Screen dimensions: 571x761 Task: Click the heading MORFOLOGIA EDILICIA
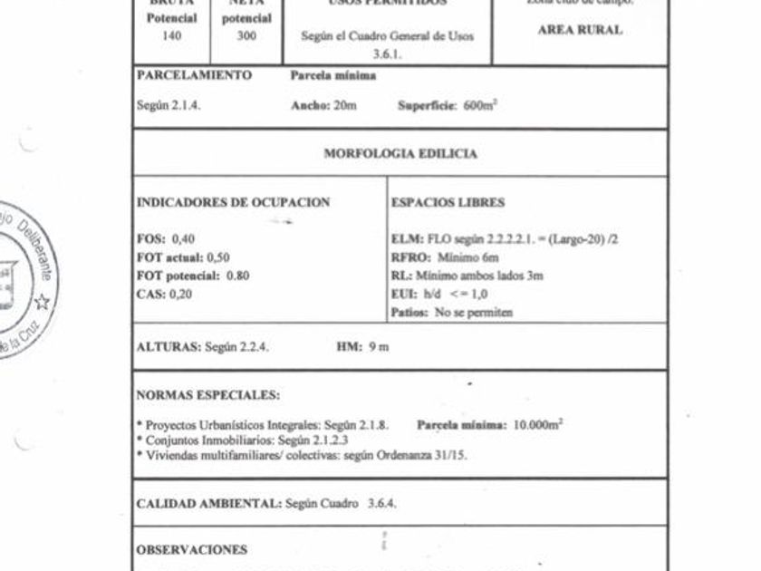(x=400, y=154)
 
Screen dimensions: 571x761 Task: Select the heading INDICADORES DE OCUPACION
(x=233, y=203)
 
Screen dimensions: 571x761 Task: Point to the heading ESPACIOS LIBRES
(x=448, y=203)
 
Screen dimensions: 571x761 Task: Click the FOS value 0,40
(x=182, y=239)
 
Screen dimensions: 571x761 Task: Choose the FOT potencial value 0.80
(x=237, y=276)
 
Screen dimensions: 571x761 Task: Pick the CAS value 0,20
(x=180, y=294)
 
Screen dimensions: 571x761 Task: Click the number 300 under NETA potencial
(x=246, y=36)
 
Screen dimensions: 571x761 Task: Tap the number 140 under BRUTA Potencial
(x=172, y=36)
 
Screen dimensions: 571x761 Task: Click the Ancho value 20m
(x=345, y=105)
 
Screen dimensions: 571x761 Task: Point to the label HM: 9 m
(x=362, y=347)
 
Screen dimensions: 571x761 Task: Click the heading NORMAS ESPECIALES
(x=207, y=395)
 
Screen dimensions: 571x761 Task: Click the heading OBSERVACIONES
(x=191, y=549)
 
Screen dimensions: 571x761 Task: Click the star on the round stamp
(x=42, y=302)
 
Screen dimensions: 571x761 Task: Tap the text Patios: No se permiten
(x=451, y=312)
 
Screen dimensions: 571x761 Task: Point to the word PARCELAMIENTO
(x=194, y=76)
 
